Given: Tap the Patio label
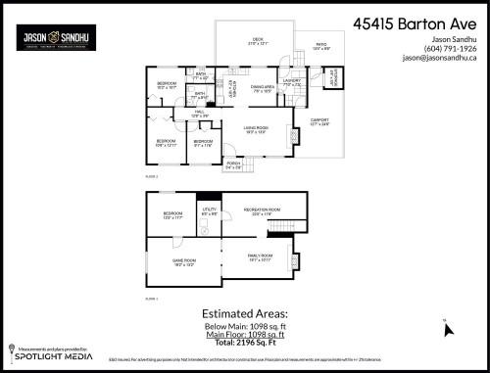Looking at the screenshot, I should point(321,46).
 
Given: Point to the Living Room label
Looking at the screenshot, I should point(257,130).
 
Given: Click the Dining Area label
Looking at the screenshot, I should point(262,88).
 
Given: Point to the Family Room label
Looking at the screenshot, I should point(259,257).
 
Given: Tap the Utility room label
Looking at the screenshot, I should point(208,210).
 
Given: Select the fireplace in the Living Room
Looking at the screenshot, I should point(291,135).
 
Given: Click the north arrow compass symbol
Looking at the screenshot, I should point(449,329).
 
